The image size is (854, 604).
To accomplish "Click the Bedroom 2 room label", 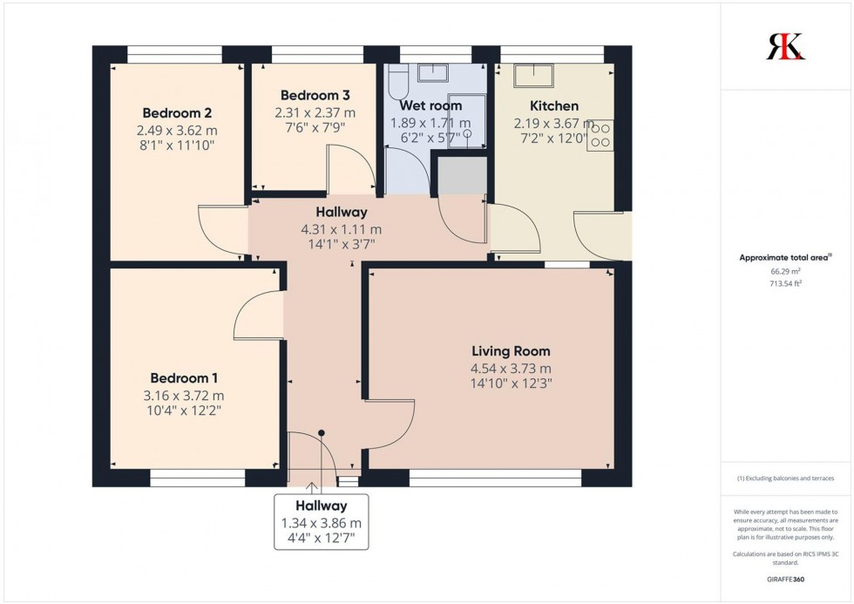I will pyautogui.click(x=177, y=113).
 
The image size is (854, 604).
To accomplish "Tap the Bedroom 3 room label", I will pyautogui.click(x=315, y=96).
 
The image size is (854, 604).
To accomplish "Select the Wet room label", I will pyautogui.click(x=430, y=106).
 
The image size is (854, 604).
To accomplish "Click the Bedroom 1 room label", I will pyautogui.click(x=184, y=378).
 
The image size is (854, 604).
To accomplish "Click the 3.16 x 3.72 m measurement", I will pyautogui.click(x=184, y=395).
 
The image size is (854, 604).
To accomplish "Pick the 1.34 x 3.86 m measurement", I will pyautogui.click(x=321, y=523).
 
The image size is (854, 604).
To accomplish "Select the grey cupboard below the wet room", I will pyautogui.click(x=461, y=175).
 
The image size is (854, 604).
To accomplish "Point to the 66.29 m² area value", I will pyautogui.click(x=785, y=271).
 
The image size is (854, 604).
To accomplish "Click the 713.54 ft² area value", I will pyautogui.click(x=785, y=282).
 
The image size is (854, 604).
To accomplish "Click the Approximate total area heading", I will pyautogui.click(x=785, y=257).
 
